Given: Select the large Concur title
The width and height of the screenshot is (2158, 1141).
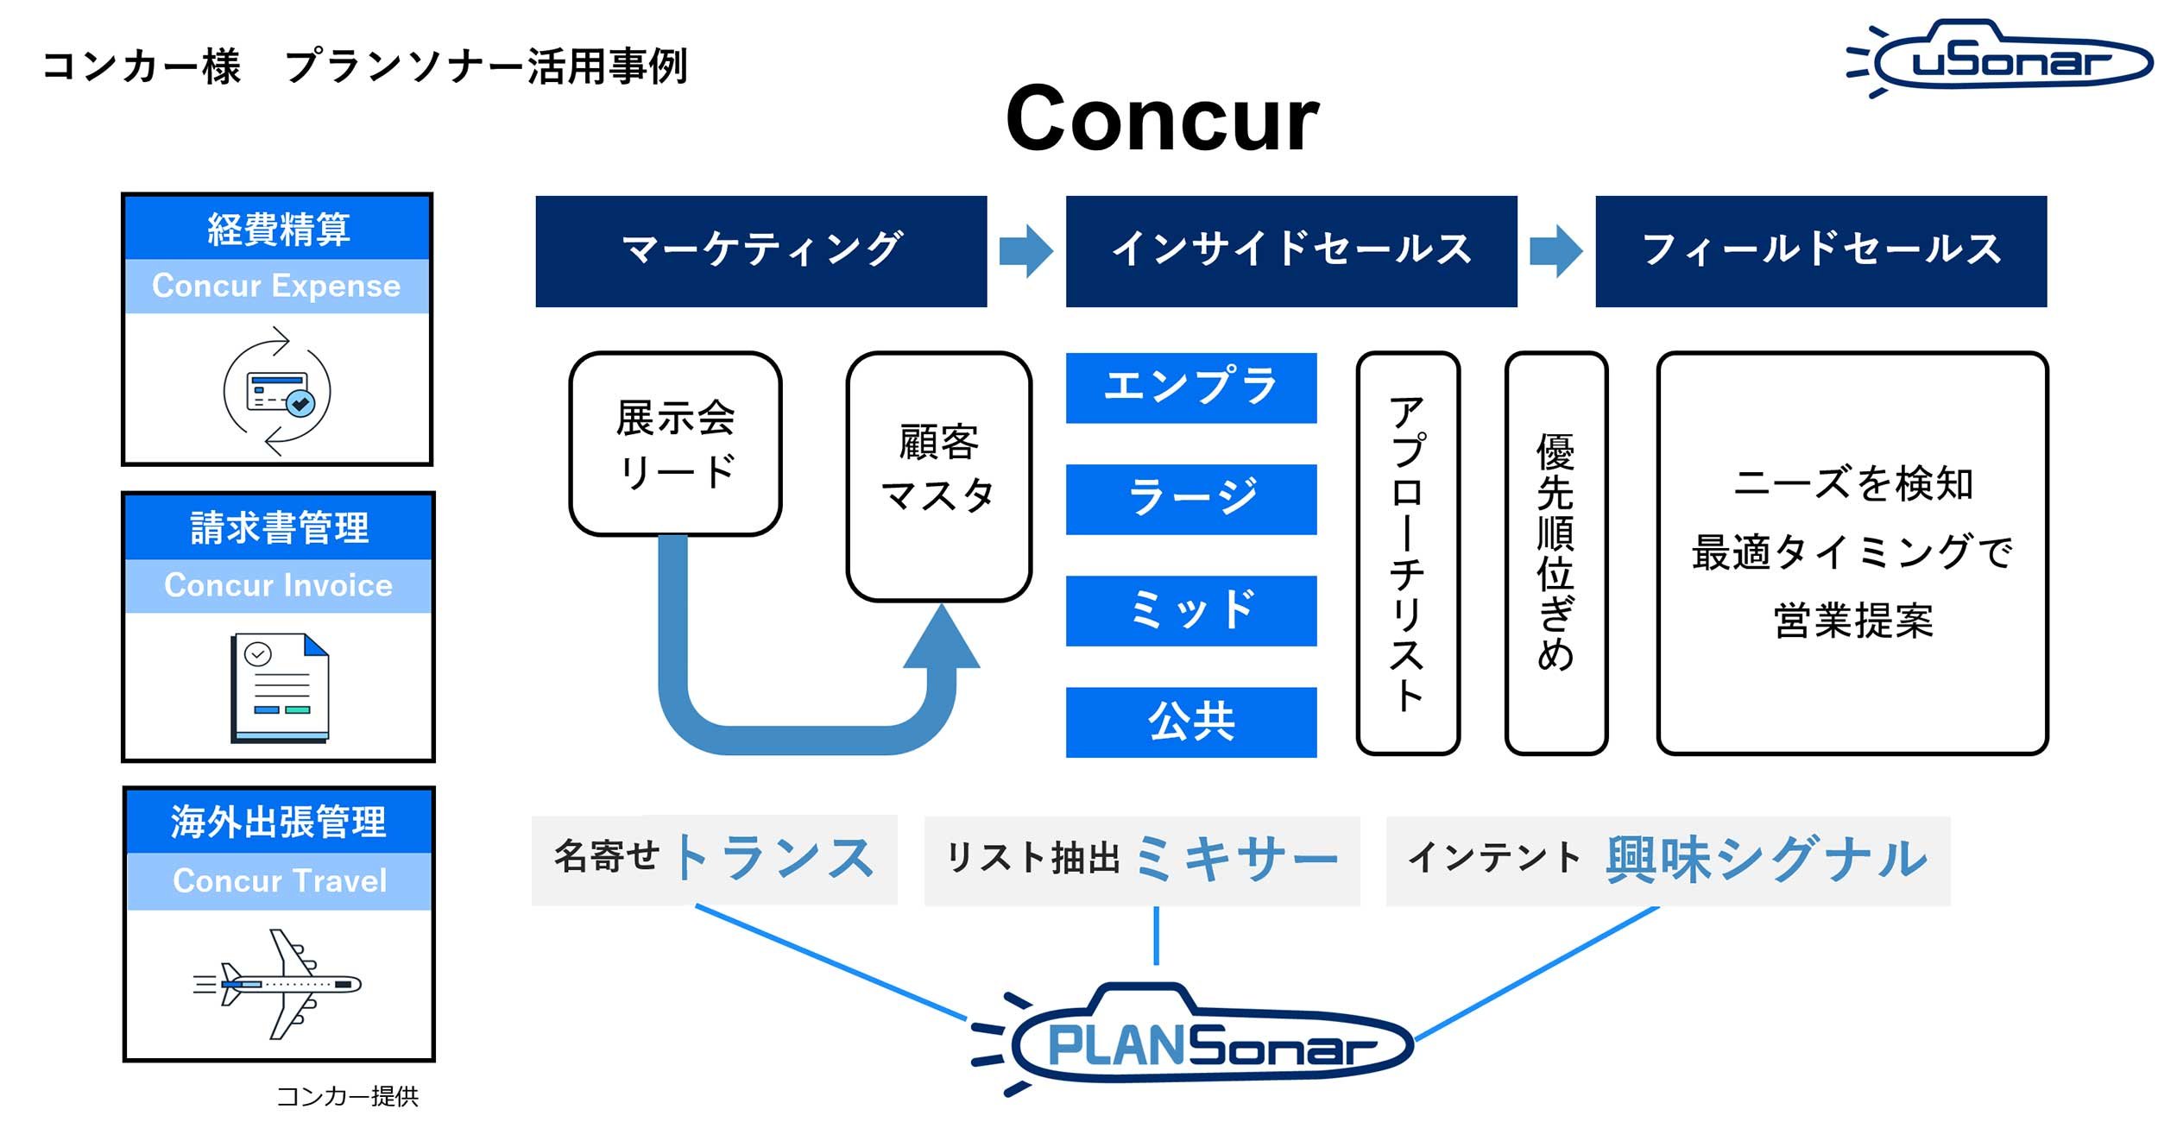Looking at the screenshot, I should tap(1162, 118).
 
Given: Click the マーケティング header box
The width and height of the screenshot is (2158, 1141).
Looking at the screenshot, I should tap(760, 251).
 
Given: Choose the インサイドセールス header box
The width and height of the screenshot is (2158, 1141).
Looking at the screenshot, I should tap(1290, 251).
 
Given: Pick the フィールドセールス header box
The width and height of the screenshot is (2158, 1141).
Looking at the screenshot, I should tap(1820, 251).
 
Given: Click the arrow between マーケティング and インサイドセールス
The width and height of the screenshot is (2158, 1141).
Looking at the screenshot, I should tap(1025, 251).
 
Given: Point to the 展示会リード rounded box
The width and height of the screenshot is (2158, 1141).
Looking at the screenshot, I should tap(675, 444).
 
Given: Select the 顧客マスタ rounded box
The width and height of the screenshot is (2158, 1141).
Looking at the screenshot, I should tap(938, 476).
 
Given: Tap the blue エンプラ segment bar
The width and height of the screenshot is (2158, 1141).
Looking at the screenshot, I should tap(1190, 388).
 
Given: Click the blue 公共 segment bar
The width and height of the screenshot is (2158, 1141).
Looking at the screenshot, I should tap(1190, 722).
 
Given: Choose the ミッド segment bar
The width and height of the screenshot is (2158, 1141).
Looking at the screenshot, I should tap(1190, 610).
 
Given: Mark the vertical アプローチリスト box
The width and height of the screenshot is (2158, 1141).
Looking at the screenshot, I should tap(1407, 553).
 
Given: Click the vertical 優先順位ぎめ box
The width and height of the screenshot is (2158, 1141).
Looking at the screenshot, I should tap(1555, 553).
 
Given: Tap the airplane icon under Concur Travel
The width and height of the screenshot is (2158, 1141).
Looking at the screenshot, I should tap(278, 984).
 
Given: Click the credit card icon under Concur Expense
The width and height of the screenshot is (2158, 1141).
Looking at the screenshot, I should tap(277, 391).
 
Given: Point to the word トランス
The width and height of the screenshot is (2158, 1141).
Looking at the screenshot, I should tap(773, 859).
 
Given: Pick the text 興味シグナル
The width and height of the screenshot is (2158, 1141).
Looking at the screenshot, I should tap(1766, 860).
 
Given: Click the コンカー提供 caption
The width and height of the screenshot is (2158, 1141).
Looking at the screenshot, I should tap(347, 1096).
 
